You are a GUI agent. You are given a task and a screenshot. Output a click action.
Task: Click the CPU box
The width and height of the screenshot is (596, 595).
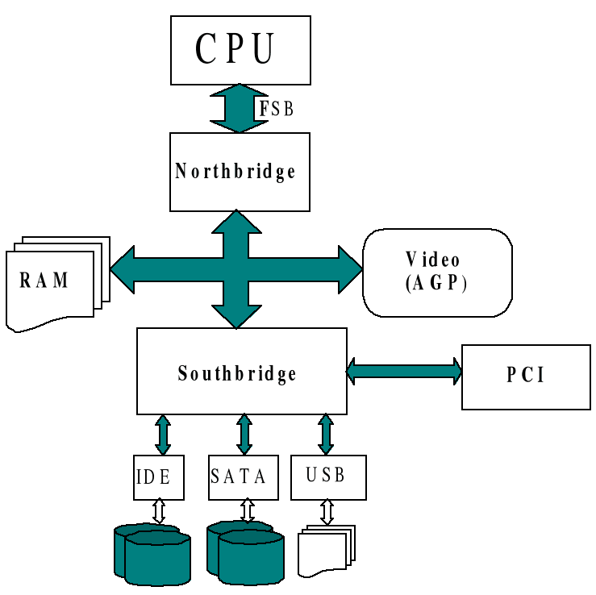tap(240, 50)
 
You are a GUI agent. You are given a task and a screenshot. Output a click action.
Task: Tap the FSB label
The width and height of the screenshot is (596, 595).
tap(277, 109)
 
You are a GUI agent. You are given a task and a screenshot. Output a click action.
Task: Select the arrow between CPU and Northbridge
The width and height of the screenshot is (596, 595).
tap(240, 108)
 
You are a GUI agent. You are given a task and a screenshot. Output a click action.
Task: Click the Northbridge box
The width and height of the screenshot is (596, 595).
tap(240, 172)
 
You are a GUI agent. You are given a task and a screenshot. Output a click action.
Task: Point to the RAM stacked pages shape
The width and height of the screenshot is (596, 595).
tap(58, 284)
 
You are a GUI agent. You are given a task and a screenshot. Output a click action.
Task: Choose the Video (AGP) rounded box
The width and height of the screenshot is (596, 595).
tap(437, 273)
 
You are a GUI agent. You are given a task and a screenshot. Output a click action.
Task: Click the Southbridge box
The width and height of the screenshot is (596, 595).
tap(242, 371)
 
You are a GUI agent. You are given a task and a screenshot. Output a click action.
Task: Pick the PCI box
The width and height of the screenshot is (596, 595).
tap(526, 377)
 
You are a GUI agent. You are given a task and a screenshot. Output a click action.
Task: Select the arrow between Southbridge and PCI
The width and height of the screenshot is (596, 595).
tap(404, 371)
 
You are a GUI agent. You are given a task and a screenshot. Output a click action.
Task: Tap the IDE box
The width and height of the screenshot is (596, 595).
tap(159, 477)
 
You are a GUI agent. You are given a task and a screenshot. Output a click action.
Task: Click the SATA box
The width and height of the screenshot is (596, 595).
tap(244, 477)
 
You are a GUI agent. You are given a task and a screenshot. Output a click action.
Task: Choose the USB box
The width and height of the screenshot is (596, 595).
tap(328, 477)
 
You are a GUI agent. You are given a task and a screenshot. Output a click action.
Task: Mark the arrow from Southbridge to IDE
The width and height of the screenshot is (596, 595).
tap(163, 435)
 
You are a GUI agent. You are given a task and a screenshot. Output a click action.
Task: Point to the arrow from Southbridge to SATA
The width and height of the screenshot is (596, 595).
tap(244, 435)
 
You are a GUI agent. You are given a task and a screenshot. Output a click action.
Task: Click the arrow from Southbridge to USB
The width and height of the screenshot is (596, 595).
tap(326, 435)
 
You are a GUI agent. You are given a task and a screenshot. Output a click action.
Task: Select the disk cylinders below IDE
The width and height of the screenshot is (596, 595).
tap(152, 555)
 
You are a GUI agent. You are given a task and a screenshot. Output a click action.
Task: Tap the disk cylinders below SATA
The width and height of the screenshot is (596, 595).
tap(245, 552)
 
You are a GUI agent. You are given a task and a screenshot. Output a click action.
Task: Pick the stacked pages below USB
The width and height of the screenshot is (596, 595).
tap(327, 551)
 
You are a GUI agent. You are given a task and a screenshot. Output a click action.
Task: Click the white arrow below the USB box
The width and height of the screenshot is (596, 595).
tap(327, 512)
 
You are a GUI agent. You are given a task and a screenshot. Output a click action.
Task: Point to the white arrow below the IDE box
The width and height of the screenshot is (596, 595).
tap(159, 511)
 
